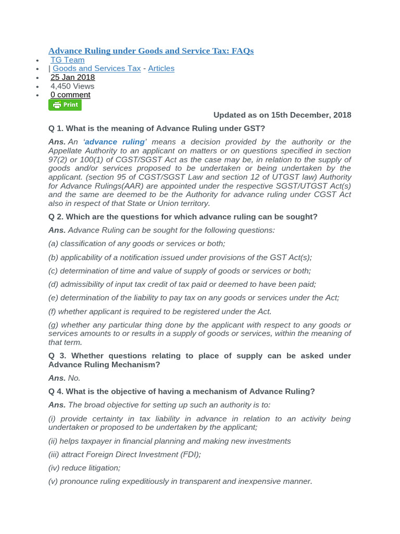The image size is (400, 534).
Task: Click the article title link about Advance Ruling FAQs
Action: [151, 51]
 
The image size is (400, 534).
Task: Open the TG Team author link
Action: [67, 60]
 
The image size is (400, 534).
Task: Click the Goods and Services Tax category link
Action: [96, 68]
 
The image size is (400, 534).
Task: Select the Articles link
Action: [161, 68]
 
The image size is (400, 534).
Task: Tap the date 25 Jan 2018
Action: [72, 77]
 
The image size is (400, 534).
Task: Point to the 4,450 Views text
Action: [72, 86]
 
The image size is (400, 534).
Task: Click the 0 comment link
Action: [70, 95]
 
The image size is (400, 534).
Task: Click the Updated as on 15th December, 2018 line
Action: [282, 115]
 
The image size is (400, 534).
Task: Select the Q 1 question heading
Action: [156, 128]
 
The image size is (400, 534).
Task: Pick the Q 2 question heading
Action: [182, 216]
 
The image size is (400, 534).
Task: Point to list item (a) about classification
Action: [136, 244]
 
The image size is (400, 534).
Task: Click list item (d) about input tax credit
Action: [182, 284]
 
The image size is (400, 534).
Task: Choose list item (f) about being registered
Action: [160, 311]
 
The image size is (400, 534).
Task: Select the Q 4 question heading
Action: [181, 392]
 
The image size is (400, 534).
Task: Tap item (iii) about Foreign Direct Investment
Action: [124, 454]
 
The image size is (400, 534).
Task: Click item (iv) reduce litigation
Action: [84, 468]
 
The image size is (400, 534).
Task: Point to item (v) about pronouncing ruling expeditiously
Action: [180, 481]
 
